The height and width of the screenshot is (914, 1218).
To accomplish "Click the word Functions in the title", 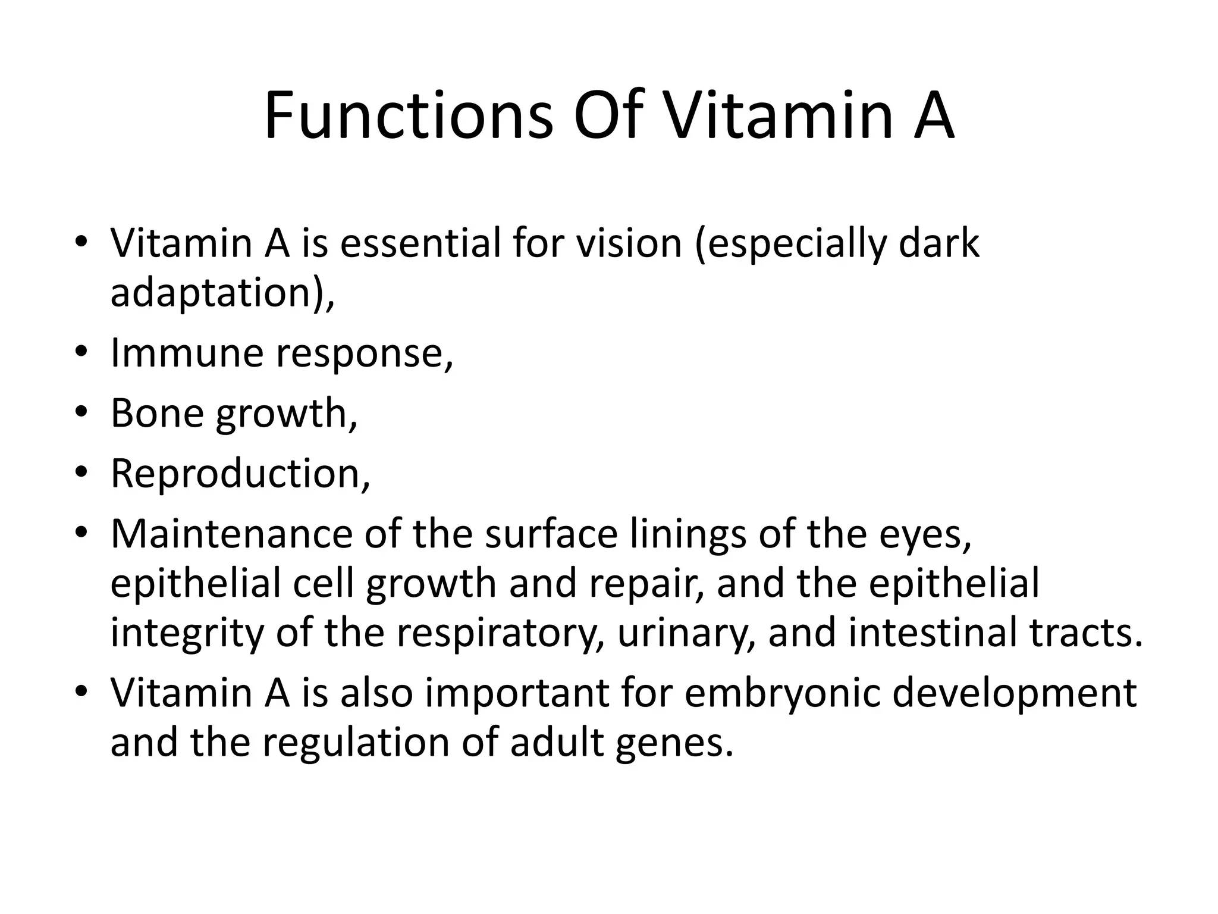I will [409, 115].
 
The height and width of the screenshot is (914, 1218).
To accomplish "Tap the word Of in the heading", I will [608, 115].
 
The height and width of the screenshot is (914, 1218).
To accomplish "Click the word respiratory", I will [495, 633].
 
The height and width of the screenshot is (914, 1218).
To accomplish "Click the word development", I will [1015, 693].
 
